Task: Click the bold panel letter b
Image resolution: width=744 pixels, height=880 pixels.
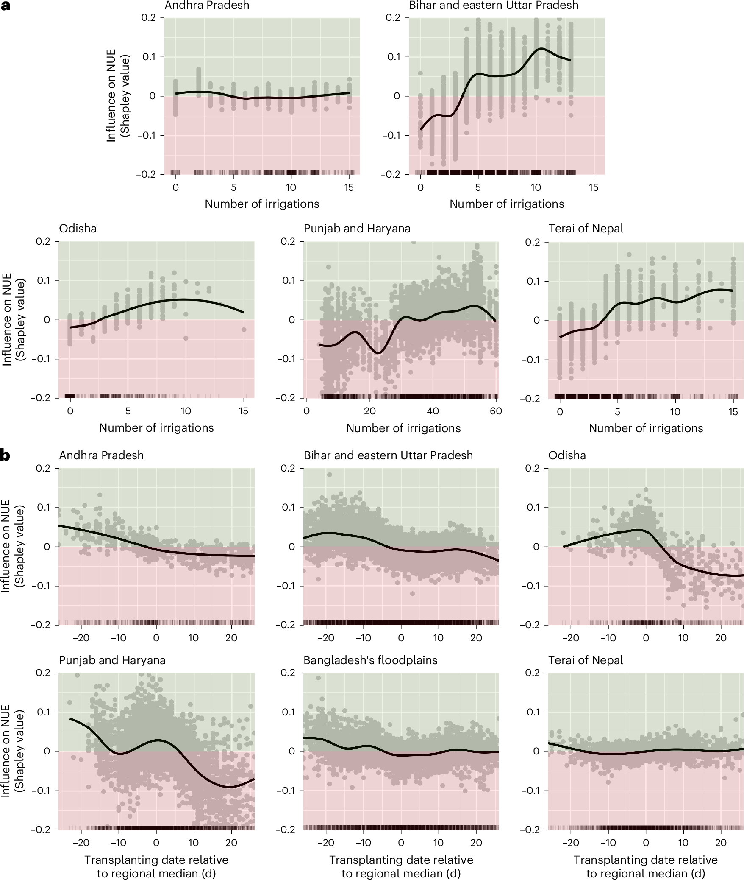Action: pos(5,455)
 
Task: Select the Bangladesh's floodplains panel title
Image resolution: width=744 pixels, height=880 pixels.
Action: pos(370,660)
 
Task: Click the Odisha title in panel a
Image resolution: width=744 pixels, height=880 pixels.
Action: pos(78,229)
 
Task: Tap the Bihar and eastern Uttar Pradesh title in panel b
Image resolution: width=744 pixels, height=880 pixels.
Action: pos(388,455)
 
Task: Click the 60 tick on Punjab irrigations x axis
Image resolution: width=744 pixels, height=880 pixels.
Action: pos(496,411)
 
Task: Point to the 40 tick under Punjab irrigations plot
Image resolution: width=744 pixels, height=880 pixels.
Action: pos(433,411)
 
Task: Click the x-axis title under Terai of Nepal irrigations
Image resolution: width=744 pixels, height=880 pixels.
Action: pos(646,428)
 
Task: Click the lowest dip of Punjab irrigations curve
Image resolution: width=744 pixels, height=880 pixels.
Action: pos(379,352)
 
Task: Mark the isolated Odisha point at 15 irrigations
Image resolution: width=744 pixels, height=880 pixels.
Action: pos(244,330)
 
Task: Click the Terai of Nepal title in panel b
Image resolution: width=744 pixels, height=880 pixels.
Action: pos(586,660)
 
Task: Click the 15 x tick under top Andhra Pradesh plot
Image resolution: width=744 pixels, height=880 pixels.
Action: pos(349,187)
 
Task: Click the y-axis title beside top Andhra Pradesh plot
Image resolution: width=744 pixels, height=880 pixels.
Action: pos(117,96)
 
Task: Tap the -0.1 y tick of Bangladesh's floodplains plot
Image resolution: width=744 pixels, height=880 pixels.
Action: pos(286,791)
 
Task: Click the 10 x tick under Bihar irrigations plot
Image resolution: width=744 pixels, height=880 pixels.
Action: pos(536,187)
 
